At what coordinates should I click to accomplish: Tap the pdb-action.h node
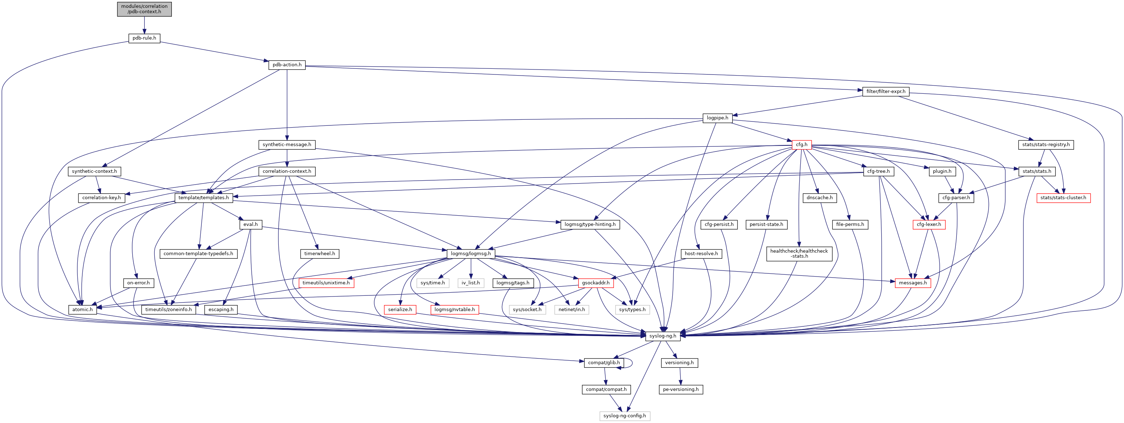tap(287, 65)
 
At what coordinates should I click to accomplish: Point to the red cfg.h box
tap(801, 145)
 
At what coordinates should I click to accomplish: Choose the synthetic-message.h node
tap(287, 145)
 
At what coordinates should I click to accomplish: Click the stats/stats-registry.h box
tap(1046, 145)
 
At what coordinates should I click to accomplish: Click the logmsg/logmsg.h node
tap(471, 254)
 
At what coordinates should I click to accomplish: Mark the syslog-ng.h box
tap(662, 336)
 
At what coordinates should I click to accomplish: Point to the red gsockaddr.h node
tap(596, 283)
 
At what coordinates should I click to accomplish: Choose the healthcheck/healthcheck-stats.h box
tap(799, 253)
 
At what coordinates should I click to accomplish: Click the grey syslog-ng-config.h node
tap(625, 416)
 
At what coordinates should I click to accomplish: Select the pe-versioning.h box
tap(681, 390)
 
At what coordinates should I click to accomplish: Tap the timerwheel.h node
tap(320, 254)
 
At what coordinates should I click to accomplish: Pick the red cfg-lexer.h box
tap(929, 225)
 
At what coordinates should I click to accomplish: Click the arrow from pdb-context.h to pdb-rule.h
tap(144, 25)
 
